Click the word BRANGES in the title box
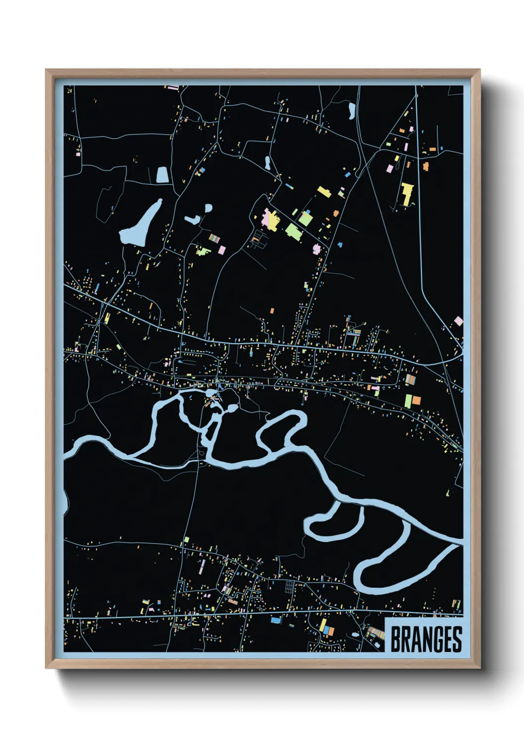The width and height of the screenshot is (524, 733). point(426,639)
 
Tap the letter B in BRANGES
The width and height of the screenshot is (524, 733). point(396,639)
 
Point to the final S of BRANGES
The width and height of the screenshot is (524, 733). point(457,639)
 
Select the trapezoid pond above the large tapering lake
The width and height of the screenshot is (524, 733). point(162,174)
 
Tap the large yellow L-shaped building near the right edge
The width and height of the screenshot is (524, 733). point(407,194)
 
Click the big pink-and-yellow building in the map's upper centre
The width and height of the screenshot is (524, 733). point(271,219)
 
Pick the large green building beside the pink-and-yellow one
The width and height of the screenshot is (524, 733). point(293,230)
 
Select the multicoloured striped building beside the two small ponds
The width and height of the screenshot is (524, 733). point(214,238)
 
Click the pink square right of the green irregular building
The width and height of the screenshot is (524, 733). point(222,250)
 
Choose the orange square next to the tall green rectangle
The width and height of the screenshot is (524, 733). point(417,400)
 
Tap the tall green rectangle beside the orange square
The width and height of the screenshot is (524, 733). point(409,401)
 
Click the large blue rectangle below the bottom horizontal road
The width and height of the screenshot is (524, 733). point(275,620)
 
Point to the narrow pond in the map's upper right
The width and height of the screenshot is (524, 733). point(352,110)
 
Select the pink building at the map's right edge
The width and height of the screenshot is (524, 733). point(459,321)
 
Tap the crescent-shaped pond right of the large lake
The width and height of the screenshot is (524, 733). point(192,219)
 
